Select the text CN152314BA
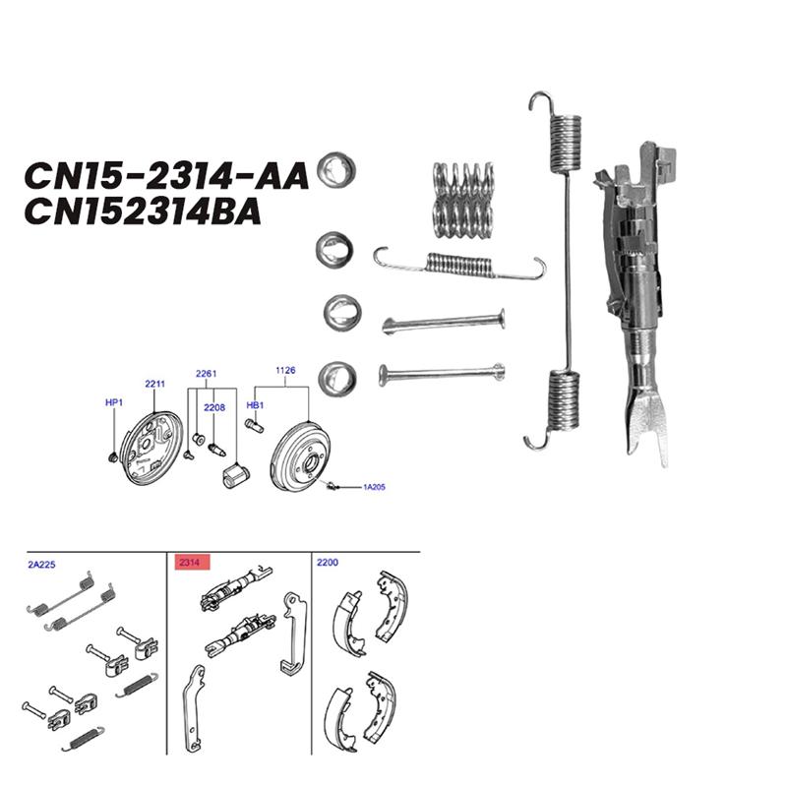click(x=144, y=212)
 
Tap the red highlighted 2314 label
click(x=187, y=563)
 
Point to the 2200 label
click(x=328, y=563)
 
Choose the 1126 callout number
click(x=285, y=371)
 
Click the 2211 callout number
click(x=155, y=384)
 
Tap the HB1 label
click(x=254, y=404)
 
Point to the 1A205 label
click(x=375, y=487)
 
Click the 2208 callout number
click(x=214, y=406)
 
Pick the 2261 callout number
click(x=206, y=374)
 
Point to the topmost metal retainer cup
click(x=336, y=171)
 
